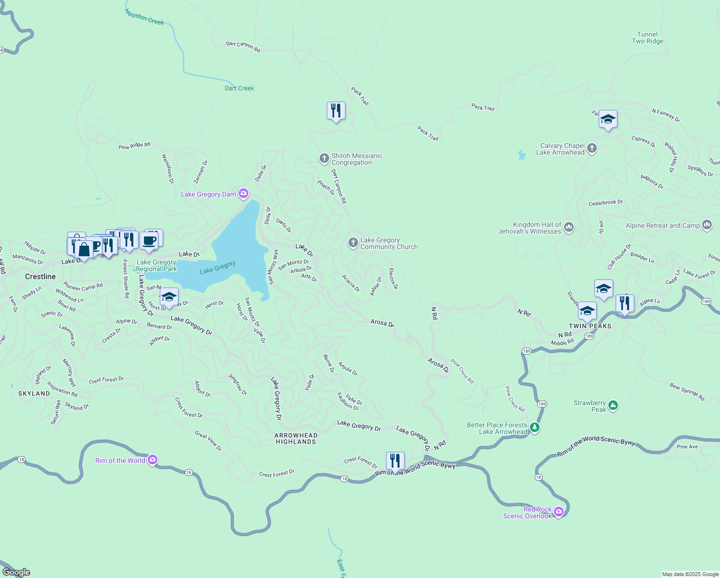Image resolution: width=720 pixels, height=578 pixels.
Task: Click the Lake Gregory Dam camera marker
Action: (244, 194)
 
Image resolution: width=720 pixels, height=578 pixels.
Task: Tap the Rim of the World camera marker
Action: (153, 460)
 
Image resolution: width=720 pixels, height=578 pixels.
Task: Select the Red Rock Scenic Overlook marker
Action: (559, 512)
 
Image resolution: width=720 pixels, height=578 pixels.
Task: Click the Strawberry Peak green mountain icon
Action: (613, 406)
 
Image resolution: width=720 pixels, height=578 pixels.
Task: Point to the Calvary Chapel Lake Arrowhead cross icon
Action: (592, 148)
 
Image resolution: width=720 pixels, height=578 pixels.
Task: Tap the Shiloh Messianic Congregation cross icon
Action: (324, 158)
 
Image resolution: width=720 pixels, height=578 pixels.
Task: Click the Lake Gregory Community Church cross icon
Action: (353, 243)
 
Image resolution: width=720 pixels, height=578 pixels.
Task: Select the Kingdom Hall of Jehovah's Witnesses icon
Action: (569, 227)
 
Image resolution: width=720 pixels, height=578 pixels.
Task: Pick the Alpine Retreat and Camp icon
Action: (707, 225)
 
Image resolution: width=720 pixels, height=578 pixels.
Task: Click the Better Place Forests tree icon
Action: (534, 428)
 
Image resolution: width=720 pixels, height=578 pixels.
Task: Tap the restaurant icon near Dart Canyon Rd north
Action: (336, 111)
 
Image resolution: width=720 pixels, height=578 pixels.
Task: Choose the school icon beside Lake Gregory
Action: (169, 297)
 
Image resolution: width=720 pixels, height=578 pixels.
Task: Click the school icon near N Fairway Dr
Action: (608, 119)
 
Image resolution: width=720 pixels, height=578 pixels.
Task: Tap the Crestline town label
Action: (40, 276)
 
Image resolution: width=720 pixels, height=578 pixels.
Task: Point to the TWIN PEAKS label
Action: (590, 326)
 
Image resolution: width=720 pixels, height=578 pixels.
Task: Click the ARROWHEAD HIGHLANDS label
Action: (296, 438)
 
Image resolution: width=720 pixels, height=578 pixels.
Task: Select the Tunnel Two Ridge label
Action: (647, 38)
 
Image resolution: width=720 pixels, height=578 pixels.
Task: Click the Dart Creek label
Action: (239, 88)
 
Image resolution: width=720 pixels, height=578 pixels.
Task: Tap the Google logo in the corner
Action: (16, 572)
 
